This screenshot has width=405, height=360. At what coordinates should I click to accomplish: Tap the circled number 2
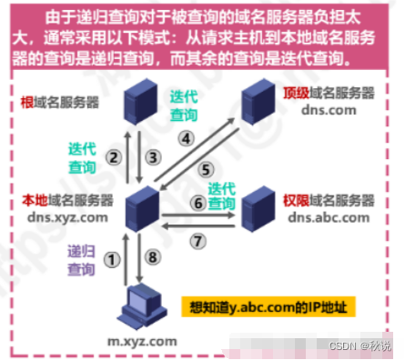pyautogui.click(x=114, y=156)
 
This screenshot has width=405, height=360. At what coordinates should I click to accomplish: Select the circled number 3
pyautogui.click(x=154, y=156)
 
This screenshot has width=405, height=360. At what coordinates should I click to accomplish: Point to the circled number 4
pyautogui.click(x=186, y=139)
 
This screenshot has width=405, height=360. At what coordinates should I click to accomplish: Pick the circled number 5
pyautogui.click(x=206, y=168)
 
